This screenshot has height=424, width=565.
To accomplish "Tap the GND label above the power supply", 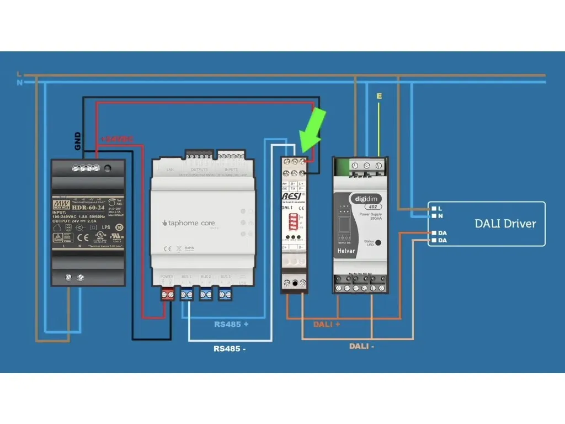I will coord(78,141).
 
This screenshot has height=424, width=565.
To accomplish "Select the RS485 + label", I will coord(231,324).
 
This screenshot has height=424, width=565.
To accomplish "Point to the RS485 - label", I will coord(230,348).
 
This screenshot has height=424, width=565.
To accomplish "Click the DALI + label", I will coord(327,324).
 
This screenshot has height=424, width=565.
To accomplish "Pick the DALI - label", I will coord(362,346).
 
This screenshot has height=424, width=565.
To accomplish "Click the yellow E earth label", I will coord(379,97).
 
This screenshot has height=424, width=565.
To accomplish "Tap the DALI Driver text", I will coord(505,224).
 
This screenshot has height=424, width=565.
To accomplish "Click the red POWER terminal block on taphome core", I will coord(167,295).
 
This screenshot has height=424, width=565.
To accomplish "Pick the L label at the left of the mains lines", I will coord(19,74).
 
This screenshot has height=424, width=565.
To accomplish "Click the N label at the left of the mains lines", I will coord(19,83).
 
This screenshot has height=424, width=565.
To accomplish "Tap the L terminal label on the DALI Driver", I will coord(440,208).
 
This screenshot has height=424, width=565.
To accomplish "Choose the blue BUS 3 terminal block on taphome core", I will coord(225,295).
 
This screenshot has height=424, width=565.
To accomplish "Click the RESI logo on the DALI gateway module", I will coord(291,196).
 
